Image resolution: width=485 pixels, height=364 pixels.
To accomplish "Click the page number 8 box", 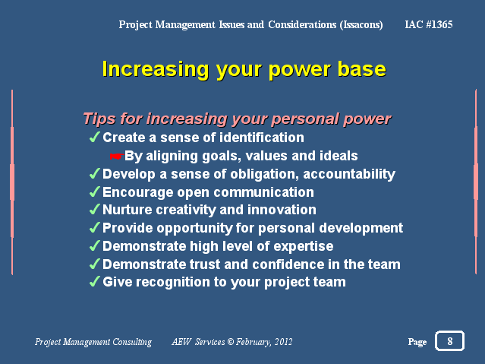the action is tap(449, 340).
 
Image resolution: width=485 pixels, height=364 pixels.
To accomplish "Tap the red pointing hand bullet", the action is tap(117, 157).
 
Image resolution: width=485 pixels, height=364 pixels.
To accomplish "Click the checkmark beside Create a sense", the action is tap(95, 137).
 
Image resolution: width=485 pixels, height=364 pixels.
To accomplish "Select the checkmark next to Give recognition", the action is tap(95, 281).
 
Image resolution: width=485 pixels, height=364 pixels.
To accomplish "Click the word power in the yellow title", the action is tap(300, 70).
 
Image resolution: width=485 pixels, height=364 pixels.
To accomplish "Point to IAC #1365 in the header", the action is tap(429, 24).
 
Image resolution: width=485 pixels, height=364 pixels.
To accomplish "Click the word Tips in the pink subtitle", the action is tap(99, 119).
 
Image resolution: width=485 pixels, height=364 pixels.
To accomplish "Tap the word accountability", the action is tap(349, 174).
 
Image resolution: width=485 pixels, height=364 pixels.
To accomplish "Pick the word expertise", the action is tap(304, 246).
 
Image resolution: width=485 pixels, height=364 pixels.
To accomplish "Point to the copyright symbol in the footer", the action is tap(231, 342).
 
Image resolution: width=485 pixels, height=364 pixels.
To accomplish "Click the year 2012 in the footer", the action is tap(283, 342).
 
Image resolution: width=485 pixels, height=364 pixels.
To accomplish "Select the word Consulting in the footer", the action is tap(132, 342).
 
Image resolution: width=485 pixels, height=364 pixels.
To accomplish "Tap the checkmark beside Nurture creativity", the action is tap(95, 209).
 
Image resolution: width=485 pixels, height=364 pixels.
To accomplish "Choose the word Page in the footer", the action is tap(417, 342).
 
